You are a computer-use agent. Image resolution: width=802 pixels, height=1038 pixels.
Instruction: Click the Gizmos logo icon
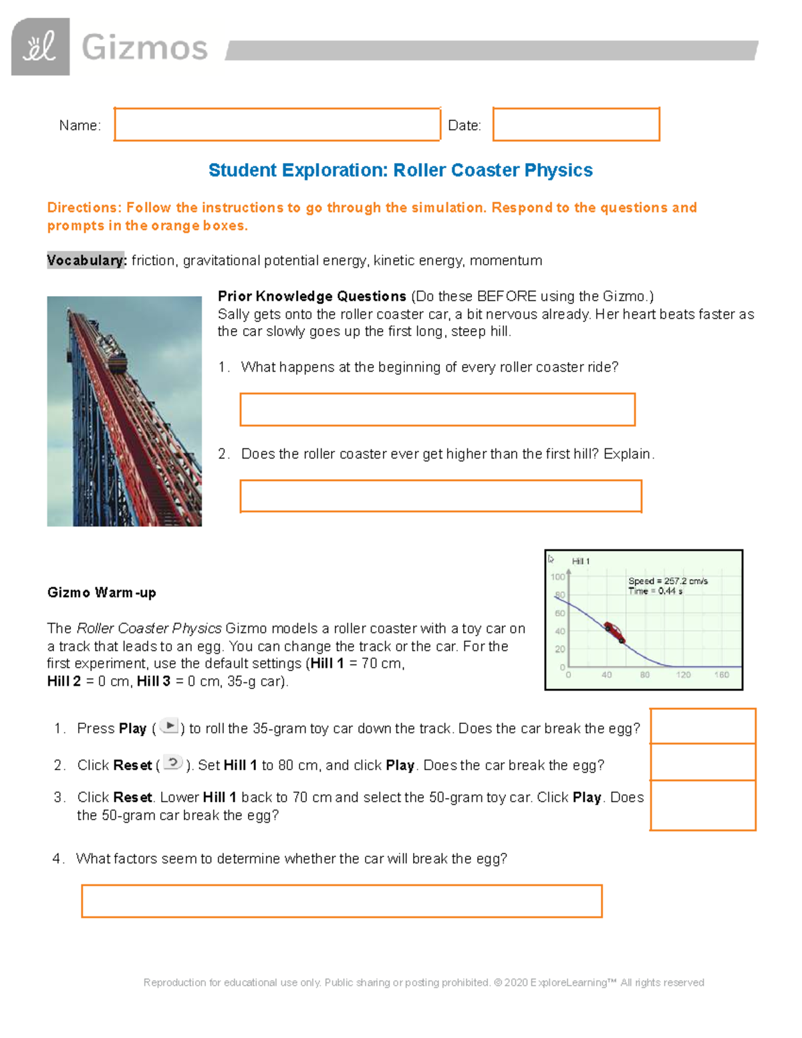(40, 47)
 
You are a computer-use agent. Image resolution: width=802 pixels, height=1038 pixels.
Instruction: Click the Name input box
(277, 124)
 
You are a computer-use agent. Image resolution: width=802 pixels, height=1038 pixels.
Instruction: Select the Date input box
(576, 124)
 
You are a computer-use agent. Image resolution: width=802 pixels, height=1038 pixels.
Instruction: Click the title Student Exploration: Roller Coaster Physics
(400, 170)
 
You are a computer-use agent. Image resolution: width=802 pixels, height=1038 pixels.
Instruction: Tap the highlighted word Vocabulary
(86, 261)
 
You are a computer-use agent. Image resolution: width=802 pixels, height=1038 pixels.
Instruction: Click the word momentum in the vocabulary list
(506, 261)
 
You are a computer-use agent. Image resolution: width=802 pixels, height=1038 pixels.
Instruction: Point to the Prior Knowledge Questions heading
(312, 296)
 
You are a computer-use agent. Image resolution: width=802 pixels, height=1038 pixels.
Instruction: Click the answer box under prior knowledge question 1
(437, 410)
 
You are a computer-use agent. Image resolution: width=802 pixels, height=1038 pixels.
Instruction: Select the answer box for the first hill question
(440, 496)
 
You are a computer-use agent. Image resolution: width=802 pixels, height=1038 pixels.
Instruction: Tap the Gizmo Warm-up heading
(102, 593)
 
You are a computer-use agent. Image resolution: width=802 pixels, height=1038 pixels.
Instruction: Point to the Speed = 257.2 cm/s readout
(668, 581)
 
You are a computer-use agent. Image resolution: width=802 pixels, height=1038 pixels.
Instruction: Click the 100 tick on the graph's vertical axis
(557, 577)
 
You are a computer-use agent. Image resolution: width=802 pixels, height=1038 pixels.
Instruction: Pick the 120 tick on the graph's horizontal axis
(683, 675)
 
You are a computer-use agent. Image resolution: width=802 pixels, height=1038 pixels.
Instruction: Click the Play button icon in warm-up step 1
(170, 726)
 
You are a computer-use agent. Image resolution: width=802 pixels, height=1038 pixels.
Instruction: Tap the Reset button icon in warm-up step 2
(173, 763)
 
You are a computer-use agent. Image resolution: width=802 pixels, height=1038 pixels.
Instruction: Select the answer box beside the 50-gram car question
(702, 805)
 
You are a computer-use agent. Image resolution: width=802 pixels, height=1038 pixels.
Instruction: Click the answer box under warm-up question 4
(342, 901)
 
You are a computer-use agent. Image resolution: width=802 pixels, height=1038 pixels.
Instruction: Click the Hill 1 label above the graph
(580, 561)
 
